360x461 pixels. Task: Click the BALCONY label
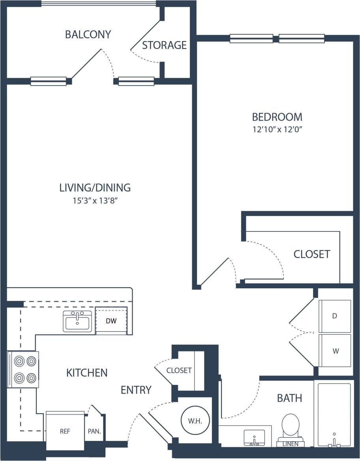88,35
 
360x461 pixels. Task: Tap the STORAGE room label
164,45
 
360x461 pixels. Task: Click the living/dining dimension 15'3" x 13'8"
95,200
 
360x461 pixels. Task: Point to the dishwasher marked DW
111,321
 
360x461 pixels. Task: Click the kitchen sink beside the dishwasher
77,321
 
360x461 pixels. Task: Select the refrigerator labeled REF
65,431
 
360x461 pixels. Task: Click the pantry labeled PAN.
95,431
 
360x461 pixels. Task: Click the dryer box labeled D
335,316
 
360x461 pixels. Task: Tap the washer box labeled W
335,351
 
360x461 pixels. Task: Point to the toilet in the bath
291,426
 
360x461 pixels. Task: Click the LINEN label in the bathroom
291,444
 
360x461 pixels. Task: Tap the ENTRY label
136,390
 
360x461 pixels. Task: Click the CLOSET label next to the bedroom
311,254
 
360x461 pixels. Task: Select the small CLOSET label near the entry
179,370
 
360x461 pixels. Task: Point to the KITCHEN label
87,373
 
